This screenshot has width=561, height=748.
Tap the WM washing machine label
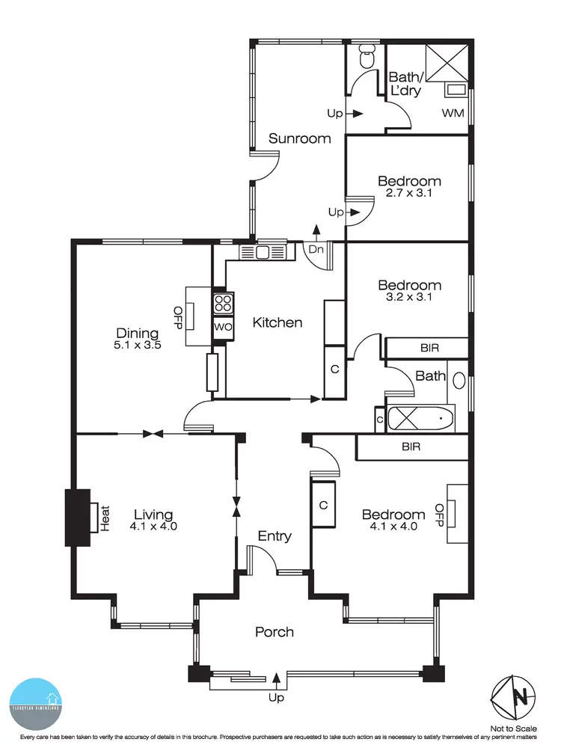[x=453, y=114]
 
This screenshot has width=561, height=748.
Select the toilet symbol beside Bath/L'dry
[x=366, y=58]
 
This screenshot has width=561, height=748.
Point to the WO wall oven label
[x=223, y=328]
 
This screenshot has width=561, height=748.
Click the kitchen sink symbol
[x=263, y=253]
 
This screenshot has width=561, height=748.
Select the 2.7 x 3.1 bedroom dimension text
[x=408, y=192]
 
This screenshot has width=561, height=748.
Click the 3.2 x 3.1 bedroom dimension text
[x=408, y=296]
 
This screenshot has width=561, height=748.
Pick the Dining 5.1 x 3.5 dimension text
[x=137, y=346]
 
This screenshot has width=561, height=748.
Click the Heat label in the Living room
[x=105, y=518]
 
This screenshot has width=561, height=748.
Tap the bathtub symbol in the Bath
[x=421, y=419]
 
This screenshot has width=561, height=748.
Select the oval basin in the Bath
[x=459, y=381]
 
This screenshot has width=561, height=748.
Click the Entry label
[x=275, y=536]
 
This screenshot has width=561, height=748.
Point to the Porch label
[x=275, y=632]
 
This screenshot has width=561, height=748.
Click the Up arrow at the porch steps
[x=278, y=679]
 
